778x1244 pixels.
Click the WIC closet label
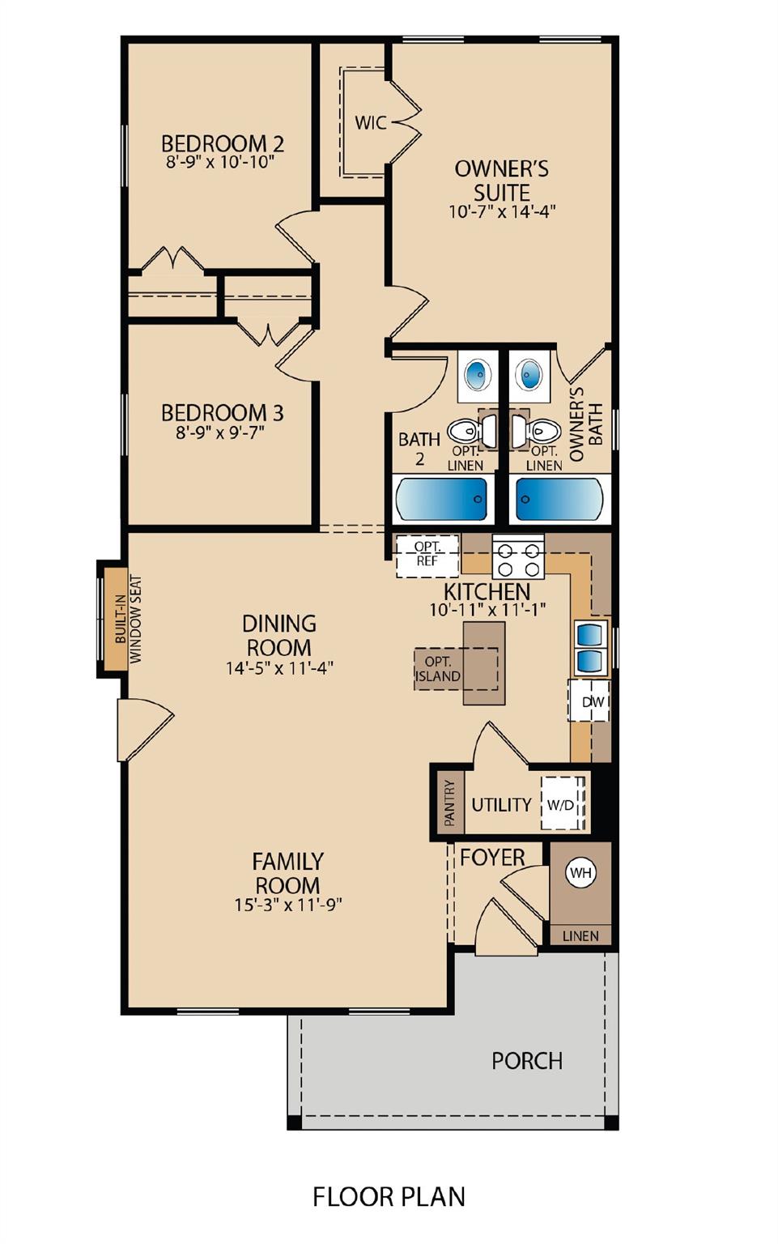(x=370, y=123)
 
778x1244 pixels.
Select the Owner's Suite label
(x=502, y=181)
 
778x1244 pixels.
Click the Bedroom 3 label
(x=222, y=413)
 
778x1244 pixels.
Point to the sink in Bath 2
(x=478, y=375)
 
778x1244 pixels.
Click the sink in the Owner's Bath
(x=530, y=375)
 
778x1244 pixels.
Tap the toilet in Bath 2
(x=467, y=431)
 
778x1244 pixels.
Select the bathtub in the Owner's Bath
(x=559, y=499)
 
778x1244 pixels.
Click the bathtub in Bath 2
(x=442, y=499)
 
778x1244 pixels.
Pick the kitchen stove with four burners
(x=518, y=557)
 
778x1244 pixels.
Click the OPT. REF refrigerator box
(x=427, y=555)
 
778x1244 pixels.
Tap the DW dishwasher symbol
(x=593, y=701)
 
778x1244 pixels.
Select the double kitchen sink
(x=591, y=648)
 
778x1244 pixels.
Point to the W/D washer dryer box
(x=561, y=804)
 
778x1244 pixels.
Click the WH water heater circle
(x=580, y=873)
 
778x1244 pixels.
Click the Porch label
(x=527, y=1061)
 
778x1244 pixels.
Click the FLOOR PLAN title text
(x=389, y=1196)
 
